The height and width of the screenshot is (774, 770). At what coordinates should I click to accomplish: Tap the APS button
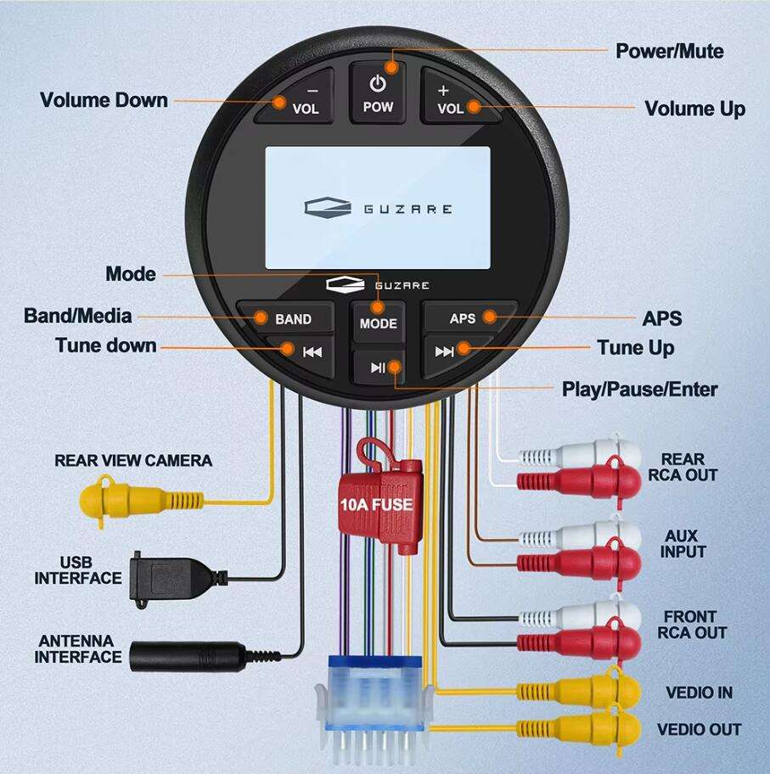coord(468,318)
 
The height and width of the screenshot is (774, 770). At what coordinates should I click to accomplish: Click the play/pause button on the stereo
coord(378,367)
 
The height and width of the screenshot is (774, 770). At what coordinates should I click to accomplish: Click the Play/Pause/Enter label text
coord(639,390)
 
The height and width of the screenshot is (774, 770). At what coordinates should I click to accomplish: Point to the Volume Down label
coord(104,100)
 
